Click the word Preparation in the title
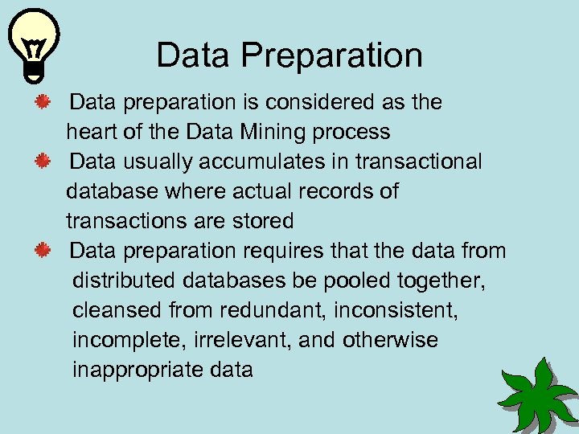point(332,55)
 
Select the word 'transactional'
point(420,162)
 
